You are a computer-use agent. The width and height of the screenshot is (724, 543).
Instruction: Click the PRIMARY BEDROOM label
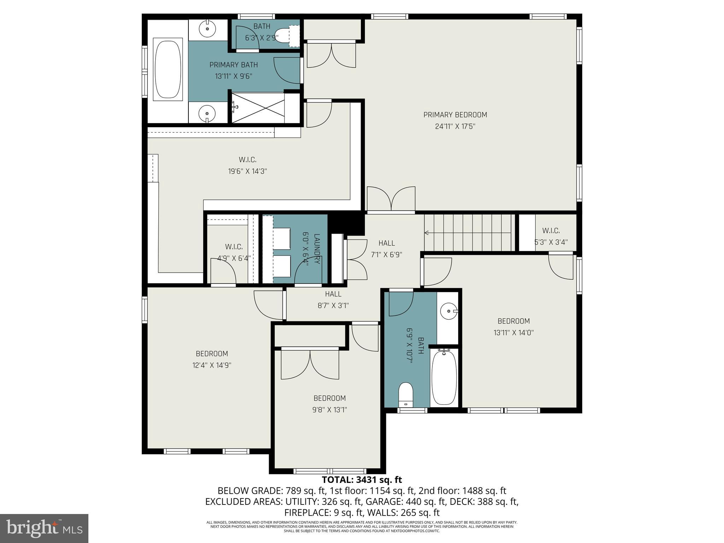[x=455, y=115]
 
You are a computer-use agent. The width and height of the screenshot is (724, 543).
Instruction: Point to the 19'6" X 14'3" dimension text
[x=247, y=171]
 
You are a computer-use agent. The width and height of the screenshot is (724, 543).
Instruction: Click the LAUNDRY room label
[x=317, y=249]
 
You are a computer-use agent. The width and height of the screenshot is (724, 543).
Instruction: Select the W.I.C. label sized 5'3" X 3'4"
[x=551, y=231]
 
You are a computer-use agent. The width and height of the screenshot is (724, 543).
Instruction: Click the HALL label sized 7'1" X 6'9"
[x=386, y=243]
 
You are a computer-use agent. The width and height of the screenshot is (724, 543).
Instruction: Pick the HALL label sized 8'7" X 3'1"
[x=333, y=294]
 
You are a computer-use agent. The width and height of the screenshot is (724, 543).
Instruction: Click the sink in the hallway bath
[x=449, y=311]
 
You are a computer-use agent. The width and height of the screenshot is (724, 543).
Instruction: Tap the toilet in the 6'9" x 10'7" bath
[x=406, y=394]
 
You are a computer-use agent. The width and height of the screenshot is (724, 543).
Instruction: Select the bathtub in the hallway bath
[x=444, y=378]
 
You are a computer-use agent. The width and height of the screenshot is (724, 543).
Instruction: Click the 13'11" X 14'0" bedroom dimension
[x=513, y=333]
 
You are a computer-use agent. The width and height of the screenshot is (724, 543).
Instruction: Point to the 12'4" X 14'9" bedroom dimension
[x=212, y=365]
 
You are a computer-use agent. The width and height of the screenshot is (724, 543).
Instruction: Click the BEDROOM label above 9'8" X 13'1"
[x=329, y=398]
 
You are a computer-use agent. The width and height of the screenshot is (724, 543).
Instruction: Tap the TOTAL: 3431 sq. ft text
[x=362, y=480]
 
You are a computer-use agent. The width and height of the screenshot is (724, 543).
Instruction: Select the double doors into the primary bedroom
[x=391, y=200]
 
